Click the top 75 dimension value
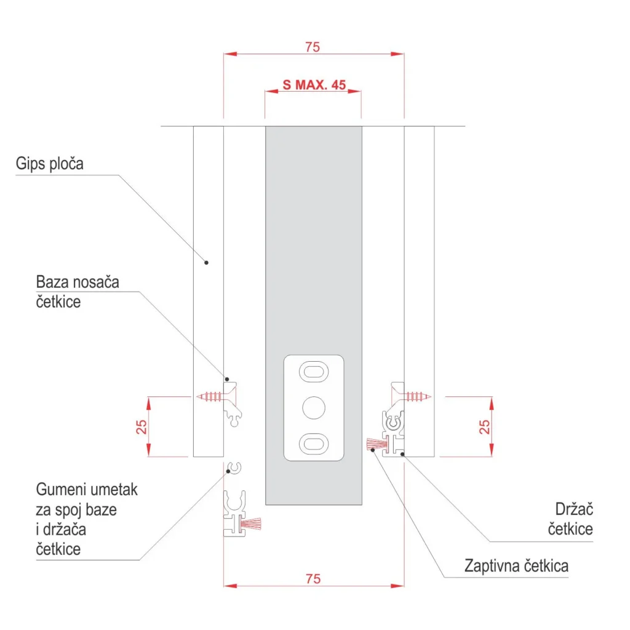click(313, 47)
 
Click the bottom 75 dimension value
click(313, 579)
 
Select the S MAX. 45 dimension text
click(314, 85)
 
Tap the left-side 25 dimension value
click(142, 427)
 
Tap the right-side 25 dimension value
click(485, 427)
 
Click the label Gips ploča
click(49, 164)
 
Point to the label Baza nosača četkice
click(78, 292)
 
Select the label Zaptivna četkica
click(516, 566)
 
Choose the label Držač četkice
click(570, 519)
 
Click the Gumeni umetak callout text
click(87, 519)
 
